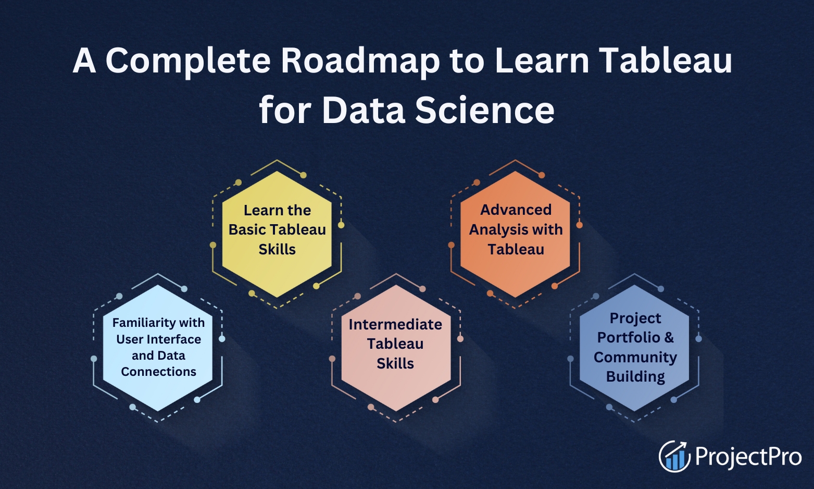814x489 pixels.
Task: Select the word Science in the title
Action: pos(485,110)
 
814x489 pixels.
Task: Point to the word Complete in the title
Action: pos(188,62)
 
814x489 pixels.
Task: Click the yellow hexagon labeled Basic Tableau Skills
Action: pos(277,234)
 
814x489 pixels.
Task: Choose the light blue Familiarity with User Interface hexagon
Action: pos(158,348)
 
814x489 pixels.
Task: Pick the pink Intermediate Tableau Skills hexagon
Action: pos(396,348)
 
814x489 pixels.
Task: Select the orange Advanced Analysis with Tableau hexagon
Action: pos(515,234)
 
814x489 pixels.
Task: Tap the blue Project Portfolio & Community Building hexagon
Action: pos(634,348)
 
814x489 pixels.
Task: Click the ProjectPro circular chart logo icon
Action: pos(674,456)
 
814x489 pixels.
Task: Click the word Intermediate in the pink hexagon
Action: pos(395,324)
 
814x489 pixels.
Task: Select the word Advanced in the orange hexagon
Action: pos(516,210)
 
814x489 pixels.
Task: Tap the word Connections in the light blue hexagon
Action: pos(158,372)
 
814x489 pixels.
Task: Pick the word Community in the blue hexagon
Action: pos(635,357)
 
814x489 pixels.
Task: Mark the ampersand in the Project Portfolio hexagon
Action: pos(669,337)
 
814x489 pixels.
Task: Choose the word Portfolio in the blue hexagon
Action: pos(629,337)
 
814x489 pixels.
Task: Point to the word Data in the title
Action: pos(364,110)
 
